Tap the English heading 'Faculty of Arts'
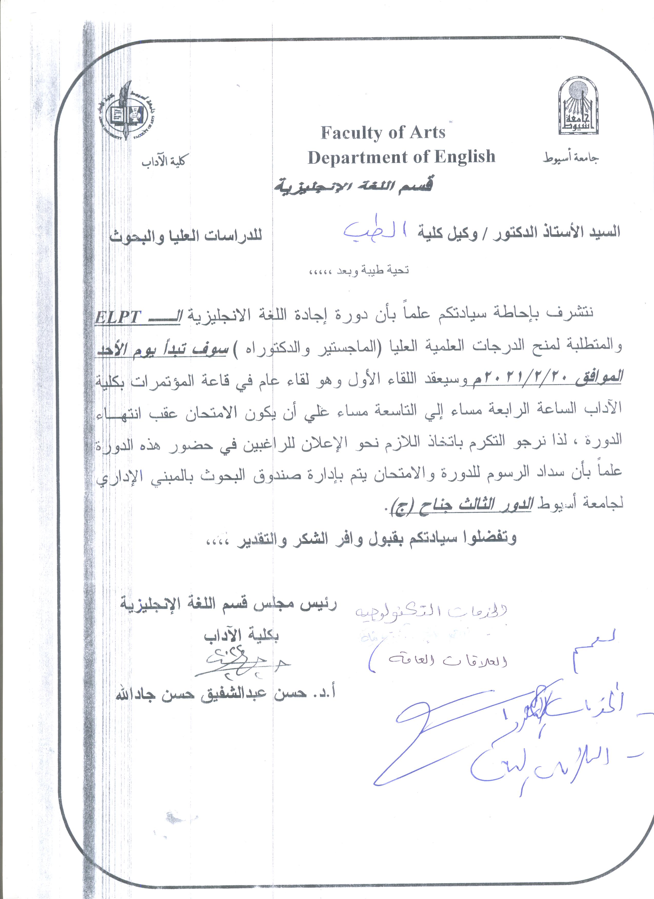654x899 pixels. pyautogui.click(x=383, y=133)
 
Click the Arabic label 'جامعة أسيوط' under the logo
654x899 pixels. pyautogui.click(x=571, y=159)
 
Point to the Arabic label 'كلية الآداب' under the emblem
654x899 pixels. pyautogui.click(x=164, y=161)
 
